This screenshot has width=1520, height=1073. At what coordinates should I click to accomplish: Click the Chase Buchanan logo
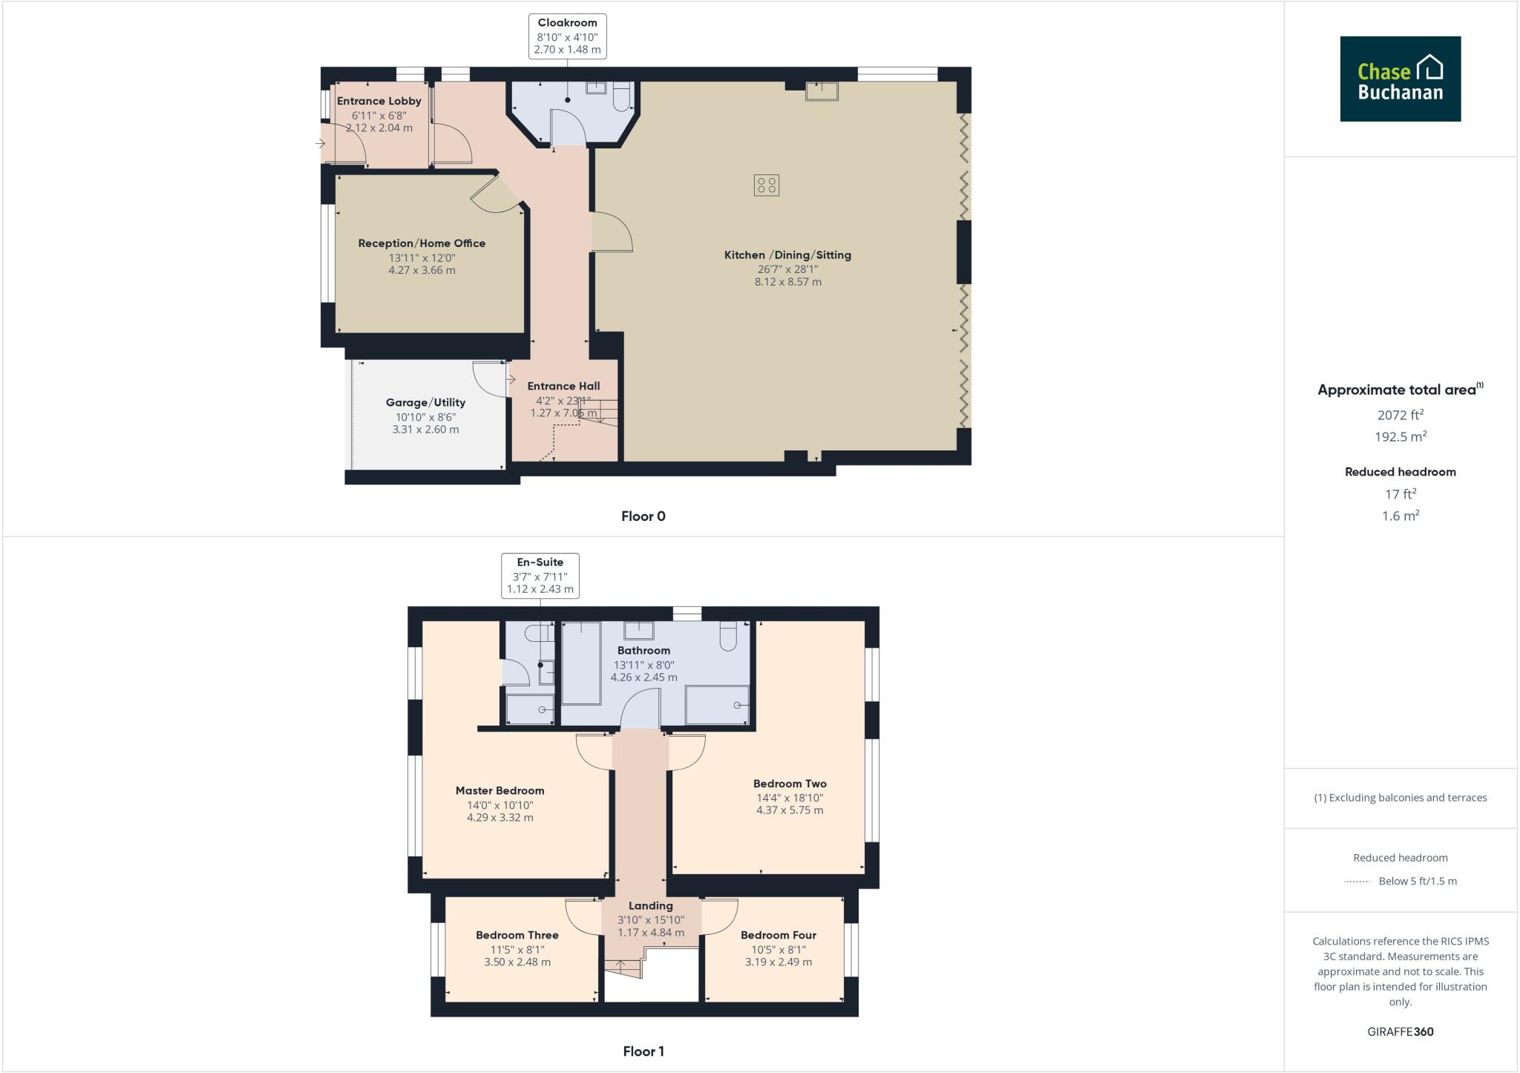1400,79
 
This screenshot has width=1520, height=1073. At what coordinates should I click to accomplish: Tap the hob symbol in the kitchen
766,185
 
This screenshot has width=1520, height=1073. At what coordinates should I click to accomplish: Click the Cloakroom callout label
567,36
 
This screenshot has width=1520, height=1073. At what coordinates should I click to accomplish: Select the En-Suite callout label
540,575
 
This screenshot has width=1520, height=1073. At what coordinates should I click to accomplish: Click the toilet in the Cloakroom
622,96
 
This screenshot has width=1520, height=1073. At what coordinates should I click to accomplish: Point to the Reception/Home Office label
422,243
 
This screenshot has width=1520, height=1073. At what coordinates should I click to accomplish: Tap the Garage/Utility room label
425,402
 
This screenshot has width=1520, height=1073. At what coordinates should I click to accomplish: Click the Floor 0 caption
643,516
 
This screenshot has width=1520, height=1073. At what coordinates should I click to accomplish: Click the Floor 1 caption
643,1051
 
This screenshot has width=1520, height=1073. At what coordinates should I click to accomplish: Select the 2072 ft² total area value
1400,415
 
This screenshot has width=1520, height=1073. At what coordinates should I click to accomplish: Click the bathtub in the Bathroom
581,663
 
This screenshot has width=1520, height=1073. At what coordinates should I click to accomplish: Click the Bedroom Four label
778,935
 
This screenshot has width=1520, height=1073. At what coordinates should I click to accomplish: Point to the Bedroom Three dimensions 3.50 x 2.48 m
517,962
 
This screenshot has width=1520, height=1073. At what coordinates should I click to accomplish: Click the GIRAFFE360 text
1400,1031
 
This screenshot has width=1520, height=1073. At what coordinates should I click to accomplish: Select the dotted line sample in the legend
1357,882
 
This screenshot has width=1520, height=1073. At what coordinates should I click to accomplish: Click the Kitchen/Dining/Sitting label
787,255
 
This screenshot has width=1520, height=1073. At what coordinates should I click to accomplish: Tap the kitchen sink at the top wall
822,91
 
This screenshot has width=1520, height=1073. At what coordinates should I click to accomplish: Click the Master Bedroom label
499,791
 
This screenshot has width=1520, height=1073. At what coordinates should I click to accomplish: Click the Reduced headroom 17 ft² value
1400,494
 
